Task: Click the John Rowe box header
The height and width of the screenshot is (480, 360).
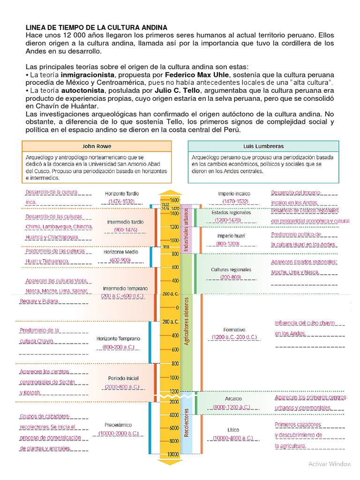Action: (97, 146)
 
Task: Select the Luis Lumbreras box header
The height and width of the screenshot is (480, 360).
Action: (263, 146)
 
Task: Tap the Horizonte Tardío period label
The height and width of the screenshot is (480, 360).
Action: (122, 193)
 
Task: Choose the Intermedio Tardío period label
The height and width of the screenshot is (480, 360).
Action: (125, 222)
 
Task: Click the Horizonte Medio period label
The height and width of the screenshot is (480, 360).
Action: (120, 252)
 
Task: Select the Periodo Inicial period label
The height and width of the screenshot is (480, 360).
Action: (123, 378)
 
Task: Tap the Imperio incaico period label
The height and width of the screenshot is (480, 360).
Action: (234, 193)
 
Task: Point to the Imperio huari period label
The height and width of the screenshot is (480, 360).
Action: (231, 236)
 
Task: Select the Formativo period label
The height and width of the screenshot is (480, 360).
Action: (234, 330)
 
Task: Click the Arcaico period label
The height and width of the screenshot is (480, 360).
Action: (232, 398)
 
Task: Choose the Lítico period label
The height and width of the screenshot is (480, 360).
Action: (233, 429)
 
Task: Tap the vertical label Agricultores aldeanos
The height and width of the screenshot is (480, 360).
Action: (186, 321)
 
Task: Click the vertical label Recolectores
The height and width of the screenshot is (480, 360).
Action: (186, 423)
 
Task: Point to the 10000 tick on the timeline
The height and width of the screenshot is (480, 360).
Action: (173, 454)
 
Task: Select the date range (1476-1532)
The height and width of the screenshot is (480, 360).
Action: (121, 201)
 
